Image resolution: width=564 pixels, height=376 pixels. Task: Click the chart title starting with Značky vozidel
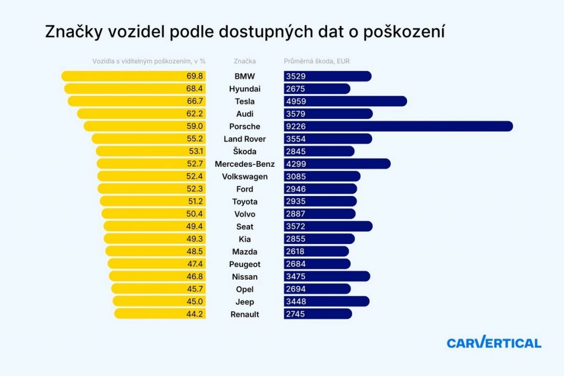(245, 32)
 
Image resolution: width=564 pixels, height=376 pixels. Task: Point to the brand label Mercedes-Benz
(245, 164)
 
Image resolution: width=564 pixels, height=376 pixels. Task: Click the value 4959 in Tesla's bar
(296, 101)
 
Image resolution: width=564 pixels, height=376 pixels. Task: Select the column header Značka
(245, 61)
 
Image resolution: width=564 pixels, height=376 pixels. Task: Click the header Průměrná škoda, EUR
(317, 61)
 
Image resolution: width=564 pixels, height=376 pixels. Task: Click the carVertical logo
(494, 342)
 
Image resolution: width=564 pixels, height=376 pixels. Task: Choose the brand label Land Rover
(245, 139)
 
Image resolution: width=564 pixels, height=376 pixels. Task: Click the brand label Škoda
(245, 152)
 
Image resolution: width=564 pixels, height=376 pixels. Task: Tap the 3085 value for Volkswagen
(296, 177)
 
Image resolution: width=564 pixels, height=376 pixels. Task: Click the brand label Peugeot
(245, 264)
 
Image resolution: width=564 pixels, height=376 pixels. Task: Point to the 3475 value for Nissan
(296, 277)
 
